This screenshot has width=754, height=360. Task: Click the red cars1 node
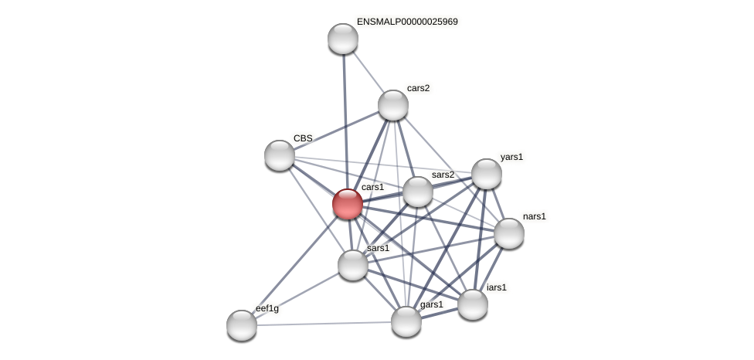click(x=348, y=204)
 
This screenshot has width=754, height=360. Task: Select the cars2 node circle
click(x=393, y=105)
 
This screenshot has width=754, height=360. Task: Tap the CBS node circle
click(x=280, y=155)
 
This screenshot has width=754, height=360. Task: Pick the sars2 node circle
click(x=418, y=192)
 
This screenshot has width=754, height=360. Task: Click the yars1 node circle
click(x=487, y=174)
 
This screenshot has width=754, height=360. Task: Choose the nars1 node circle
click(x=509, y=233)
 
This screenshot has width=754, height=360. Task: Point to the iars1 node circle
click(x=473, y=304)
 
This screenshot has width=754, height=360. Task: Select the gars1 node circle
click(x=406, y=321)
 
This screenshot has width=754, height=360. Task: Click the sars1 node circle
click(x=353, y=265)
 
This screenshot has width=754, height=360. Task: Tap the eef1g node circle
click(x=242, y=325)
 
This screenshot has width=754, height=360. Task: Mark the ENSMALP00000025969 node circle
click(x=343, y=39)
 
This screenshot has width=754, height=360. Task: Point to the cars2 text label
click(x=418, y=88)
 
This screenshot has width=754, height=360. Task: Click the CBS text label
click(x=303, y=138)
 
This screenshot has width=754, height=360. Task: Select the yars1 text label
click(x=511, y=157)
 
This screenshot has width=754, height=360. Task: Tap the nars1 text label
click(x=534, y=216)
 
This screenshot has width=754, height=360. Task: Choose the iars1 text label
click(x=496, y=287)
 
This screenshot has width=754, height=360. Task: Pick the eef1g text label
click(x=267, y=308)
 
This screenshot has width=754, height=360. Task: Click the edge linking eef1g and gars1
click(x=324, y=324)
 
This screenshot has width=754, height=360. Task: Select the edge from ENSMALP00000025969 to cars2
click(x=368, y=72)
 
